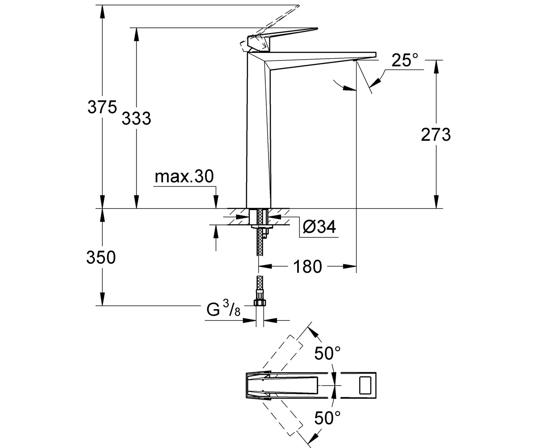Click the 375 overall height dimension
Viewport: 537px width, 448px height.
(x=102, y=107)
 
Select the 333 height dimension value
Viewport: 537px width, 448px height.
(x=136, y=118)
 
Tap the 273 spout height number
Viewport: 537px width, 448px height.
(x=436, y=134)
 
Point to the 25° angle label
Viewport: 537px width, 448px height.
(x=405, y=60)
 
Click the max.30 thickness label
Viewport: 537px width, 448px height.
(x=184, y=177)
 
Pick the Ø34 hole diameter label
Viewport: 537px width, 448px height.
(x=319, y=227)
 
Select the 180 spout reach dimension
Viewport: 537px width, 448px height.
(x=307, y=267)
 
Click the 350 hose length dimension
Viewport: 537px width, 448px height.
(x=101, y=257)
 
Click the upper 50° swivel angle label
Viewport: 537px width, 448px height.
(x=328, y=353)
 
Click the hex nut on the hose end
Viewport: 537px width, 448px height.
(x=259, y=302)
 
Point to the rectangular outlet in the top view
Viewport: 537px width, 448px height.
(x=365, y=385)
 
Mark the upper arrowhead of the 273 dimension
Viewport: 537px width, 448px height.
(x=436, y=66)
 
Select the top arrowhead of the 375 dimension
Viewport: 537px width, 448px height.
(x=102, y=12)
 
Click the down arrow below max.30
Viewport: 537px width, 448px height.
(x=216, y=202)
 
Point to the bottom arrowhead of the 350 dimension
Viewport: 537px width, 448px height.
(x=102, y=299)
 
